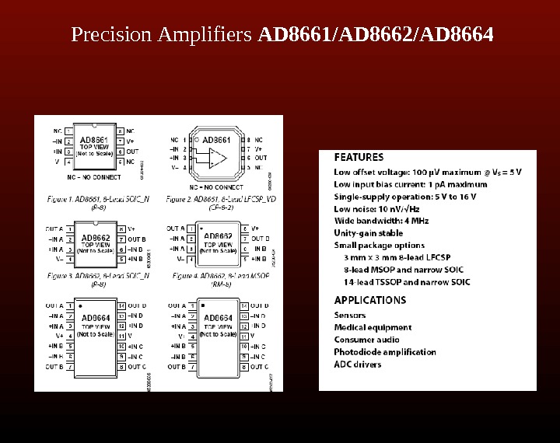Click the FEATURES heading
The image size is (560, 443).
(x=359, y=157)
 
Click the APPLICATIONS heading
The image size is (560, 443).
(x=369, y=300)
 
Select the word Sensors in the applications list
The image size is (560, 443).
(x=349, y=315)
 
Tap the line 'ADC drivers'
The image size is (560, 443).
(x=358, y=364)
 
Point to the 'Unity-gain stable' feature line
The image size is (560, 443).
(x=369, y=232)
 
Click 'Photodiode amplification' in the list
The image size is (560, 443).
(x=385, y=352)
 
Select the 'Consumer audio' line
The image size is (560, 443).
(x=366, y=340)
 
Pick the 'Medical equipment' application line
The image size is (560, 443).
(x=373, y=327)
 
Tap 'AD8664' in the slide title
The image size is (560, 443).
(x=464, y=36)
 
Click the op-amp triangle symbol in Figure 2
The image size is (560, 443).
(x=219, y=159)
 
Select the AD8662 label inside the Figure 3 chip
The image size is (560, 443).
(x=96, y=238)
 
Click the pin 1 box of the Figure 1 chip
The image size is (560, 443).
(x=69, y=131)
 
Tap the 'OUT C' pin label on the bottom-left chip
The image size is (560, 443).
(x=136, y=366)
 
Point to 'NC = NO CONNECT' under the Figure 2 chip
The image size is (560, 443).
(x=215, y=187)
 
